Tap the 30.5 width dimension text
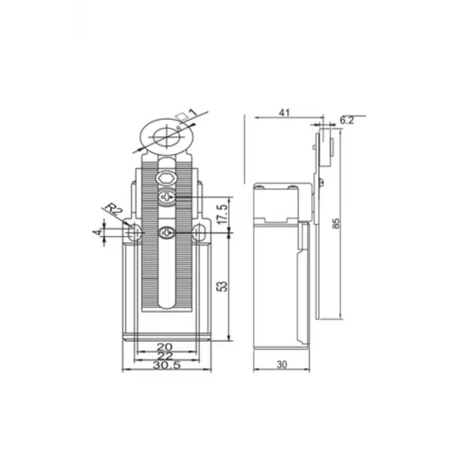(166, 365)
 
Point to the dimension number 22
(166, 356)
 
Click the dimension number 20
(166, 346)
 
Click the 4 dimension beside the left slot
(97, 232)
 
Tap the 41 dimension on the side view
(285, 112)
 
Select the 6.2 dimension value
(347, 120)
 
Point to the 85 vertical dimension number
(336, 223)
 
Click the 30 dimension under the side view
(282, 364)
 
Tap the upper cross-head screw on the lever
(167, 196)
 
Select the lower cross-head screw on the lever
(167, 231)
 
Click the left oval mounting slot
(134, 232)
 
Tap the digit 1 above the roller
(192, 112)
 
